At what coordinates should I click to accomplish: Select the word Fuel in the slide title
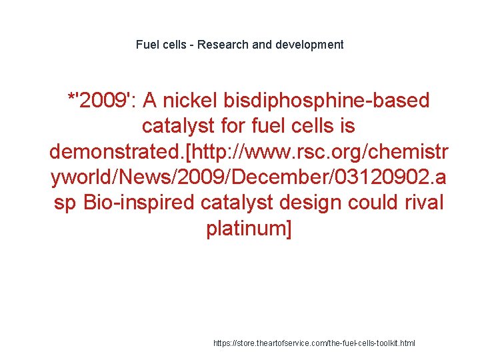pos(147,45)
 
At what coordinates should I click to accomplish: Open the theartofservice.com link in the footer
pos(314,343)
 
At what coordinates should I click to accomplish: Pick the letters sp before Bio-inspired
pos(65,203)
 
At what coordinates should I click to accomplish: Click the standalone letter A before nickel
pos(151,101)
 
